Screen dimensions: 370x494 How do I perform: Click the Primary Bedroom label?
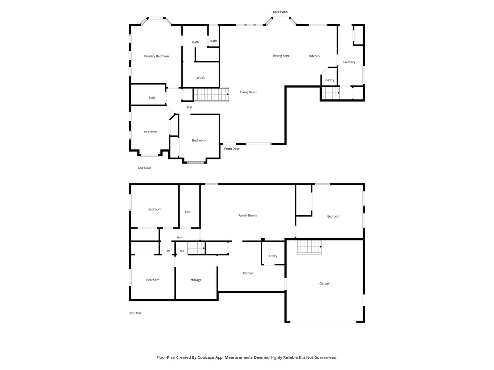point(156,56)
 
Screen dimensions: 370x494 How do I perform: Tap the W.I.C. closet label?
point(201,78)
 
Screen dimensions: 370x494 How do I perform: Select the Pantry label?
point(330,80)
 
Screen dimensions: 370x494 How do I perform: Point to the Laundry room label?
point(349,62)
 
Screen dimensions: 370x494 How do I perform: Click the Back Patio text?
point(280,12)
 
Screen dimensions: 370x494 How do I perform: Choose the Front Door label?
point(232,149)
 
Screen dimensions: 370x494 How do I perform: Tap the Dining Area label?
point(281,56)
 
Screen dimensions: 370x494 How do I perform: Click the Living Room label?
point(249,92)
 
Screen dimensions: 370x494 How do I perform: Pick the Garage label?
point(325,283)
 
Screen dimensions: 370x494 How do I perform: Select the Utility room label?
point(273,256)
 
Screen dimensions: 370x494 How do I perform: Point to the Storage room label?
point(196,280)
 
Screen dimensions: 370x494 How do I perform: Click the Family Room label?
point(247,215)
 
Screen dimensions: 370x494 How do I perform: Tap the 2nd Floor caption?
point(144,168)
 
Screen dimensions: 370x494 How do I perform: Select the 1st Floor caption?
point(135,313)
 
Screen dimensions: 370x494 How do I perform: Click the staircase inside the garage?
point(309,248)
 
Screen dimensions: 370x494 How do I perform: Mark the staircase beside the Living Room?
point(211,94)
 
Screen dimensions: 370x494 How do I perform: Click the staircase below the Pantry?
point(330,93)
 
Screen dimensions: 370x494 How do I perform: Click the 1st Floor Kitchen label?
point(248,273)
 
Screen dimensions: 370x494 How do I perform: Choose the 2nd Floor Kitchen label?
point(315,56)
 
